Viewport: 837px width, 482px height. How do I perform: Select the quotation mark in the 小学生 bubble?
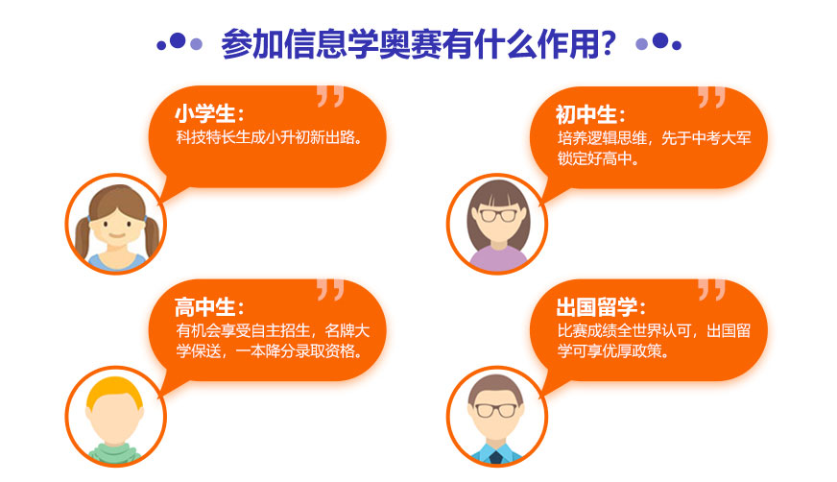[329, 97]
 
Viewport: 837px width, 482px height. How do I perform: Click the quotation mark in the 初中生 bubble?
[711, 97]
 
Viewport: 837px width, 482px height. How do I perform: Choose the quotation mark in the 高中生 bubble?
[329, 290]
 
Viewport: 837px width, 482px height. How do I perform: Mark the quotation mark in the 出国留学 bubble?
[711, 290]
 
